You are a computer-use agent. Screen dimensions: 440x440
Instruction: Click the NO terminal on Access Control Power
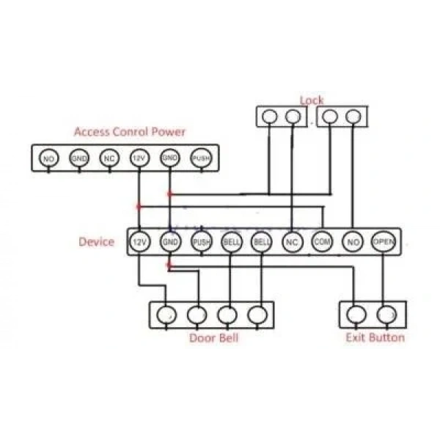[x=48, y=158]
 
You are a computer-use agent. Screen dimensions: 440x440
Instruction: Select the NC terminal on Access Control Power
[x=109, y=158]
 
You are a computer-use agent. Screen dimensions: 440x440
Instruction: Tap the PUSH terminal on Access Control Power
[x=201, y=158]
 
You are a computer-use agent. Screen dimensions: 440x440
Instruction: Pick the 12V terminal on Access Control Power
[x=139, y=158]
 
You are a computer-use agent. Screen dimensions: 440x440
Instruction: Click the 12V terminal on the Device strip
[x=140, y=241]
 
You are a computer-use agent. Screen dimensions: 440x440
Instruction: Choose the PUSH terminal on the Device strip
[x=202, y=241]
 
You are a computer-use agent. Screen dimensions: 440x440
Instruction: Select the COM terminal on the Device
[x=322, y=241]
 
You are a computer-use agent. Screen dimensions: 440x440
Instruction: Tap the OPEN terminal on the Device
[x=384, y=241]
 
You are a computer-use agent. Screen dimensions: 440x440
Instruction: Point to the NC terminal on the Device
[x=292, y=241]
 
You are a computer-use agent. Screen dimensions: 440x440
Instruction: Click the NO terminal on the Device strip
[x=353, y=241]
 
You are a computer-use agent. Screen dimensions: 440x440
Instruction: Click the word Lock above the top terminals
[x=312, y=100]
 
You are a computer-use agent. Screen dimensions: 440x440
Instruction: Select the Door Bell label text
[x=214, y=338]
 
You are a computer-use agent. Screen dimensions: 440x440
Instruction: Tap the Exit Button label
[x=375, y=337]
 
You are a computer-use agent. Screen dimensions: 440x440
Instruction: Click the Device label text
[x=97, y=241]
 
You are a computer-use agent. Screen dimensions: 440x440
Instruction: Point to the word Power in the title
[x=168, y=131]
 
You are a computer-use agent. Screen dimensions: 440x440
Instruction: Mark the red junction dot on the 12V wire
[x=139, y=207]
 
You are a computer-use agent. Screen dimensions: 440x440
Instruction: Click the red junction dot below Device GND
[x=169, y=265]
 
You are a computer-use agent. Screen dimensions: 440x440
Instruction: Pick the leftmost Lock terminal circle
[x=269, y=116]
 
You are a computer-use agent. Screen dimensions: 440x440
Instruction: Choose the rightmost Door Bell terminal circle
[x=257, y=315]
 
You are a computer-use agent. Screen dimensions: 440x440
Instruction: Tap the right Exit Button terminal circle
[x=386, y=315]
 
